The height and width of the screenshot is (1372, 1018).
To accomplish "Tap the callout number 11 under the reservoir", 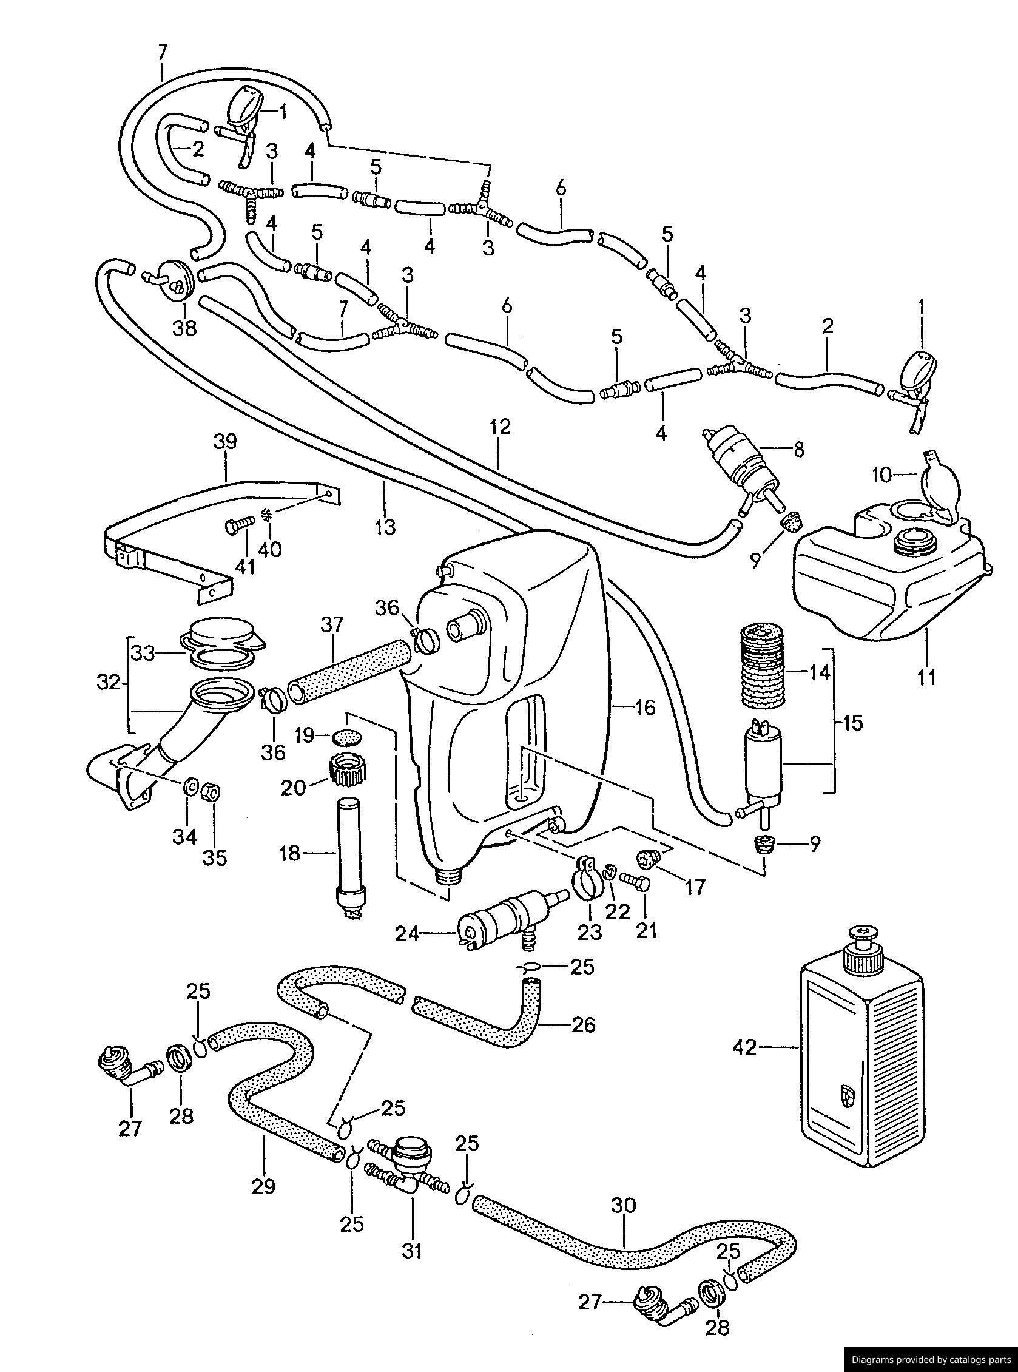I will coord(927,677).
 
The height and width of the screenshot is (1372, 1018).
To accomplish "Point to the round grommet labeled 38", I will coord(180,282).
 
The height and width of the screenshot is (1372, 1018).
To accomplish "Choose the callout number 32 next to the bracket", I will coord(109,683).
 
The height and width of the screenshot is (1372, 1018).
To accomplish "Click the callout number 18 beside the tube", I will coord(289,854).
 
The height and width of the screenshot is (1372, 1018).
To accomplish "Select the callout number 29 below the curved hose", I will coord(264,1185).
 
